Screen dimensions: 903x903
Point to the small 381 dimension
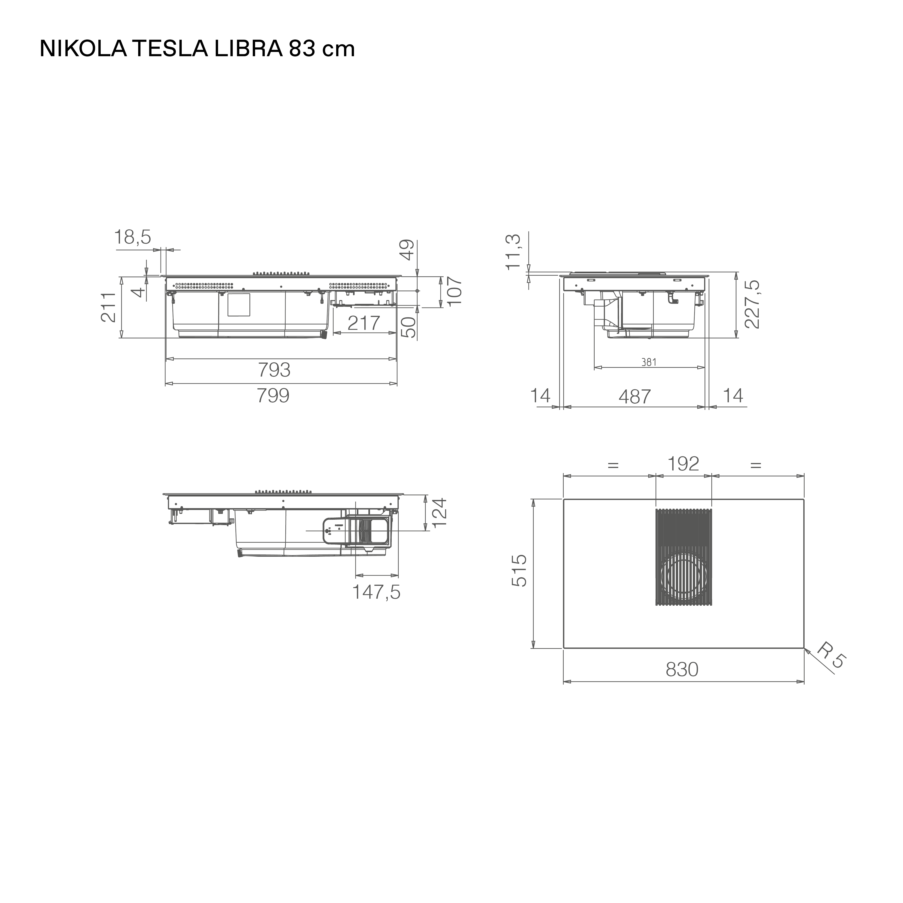[x=649, y=362]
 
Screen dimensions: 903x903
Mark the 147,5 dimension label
[x=376, y=592]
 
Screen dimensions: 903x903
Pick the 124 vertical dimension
[x=440, y=512]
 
